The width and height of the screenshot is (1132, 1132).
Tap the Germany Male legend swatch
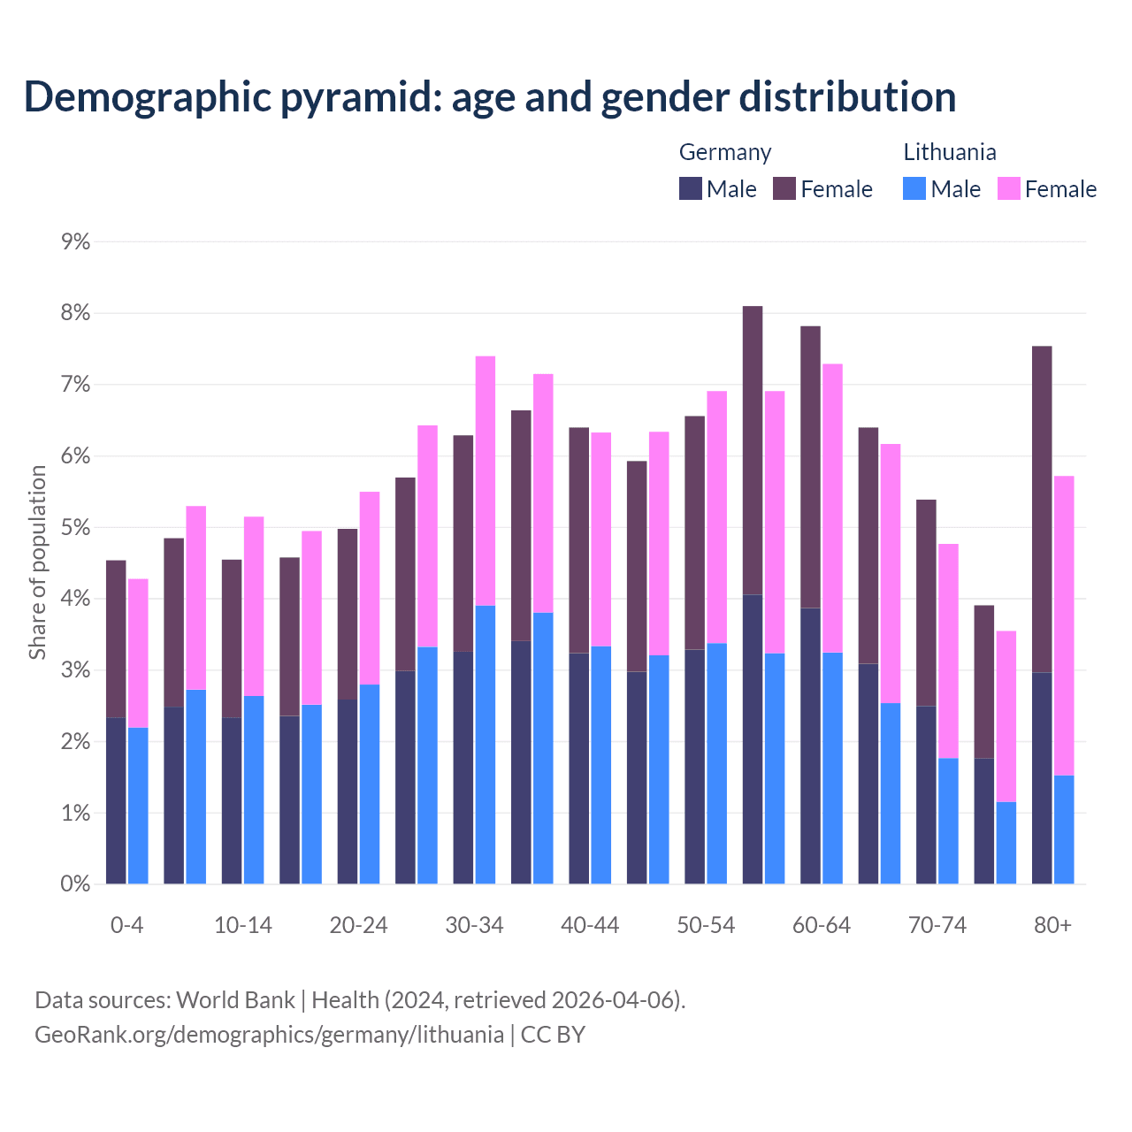[691, 188]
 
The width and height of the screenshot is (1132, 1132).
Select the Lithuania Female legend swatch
[1009, 188]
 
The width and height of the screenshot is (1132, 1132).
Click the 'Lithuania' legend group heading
[949, 152]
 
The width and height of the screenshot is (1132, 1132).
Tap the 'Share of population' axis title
[37, 562]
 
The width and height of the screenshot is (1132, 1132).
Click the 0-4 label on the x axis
[126, 926]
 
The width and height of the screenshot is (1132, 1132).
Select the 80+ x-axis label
[1052, 926]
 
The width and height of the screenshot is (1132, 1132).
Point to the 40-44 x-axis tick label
[590, 926]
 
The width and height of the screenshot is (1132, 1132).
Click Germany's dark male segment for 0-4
[116, 800]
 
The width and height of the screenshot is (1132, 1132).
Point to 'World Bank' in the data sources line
[235, 1000]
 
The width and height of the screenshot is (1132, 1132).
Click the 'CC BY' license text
[553, 1035]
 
